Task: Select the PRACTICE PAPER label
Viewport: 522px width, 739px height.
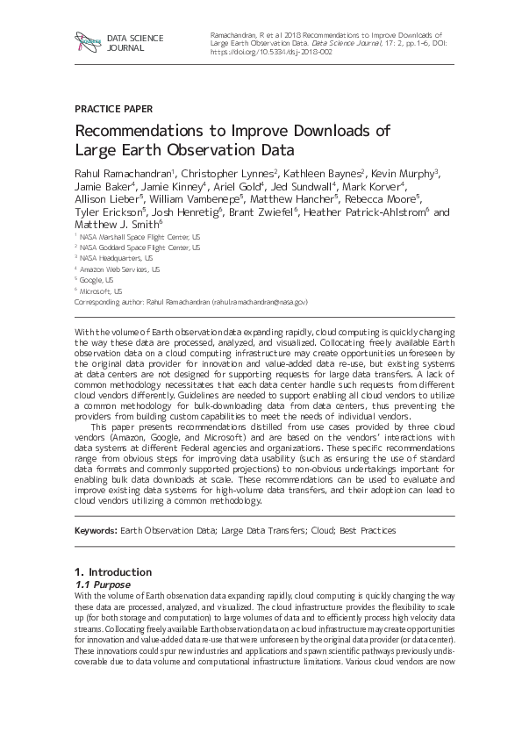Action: pyautogui.click(x=114, y=109)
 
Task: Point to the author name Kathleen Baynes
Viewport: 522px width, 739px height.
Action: pyautogui.click(x=324, y=174)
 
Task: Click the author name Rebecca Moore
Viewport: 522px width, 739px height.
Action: pyautogui.click(x=390, y=199)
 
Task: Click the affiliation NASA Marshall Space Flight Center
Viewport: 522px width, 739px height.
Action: pyautogui.click(x=139, y=237)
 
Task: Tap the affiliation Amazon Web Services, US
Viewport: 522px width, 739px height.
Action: pyautogui.click(x=119, y=269)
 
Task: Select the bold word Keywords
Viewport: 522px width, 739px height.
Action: pyautogui.click(x=95, y=531)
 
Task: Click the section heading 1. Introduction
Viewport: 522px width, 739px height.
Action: pyautogui.click(x=113, y=572)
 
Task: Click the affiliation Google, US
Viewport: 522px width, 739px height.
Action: pyautogui.click(x=97, y=280)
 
